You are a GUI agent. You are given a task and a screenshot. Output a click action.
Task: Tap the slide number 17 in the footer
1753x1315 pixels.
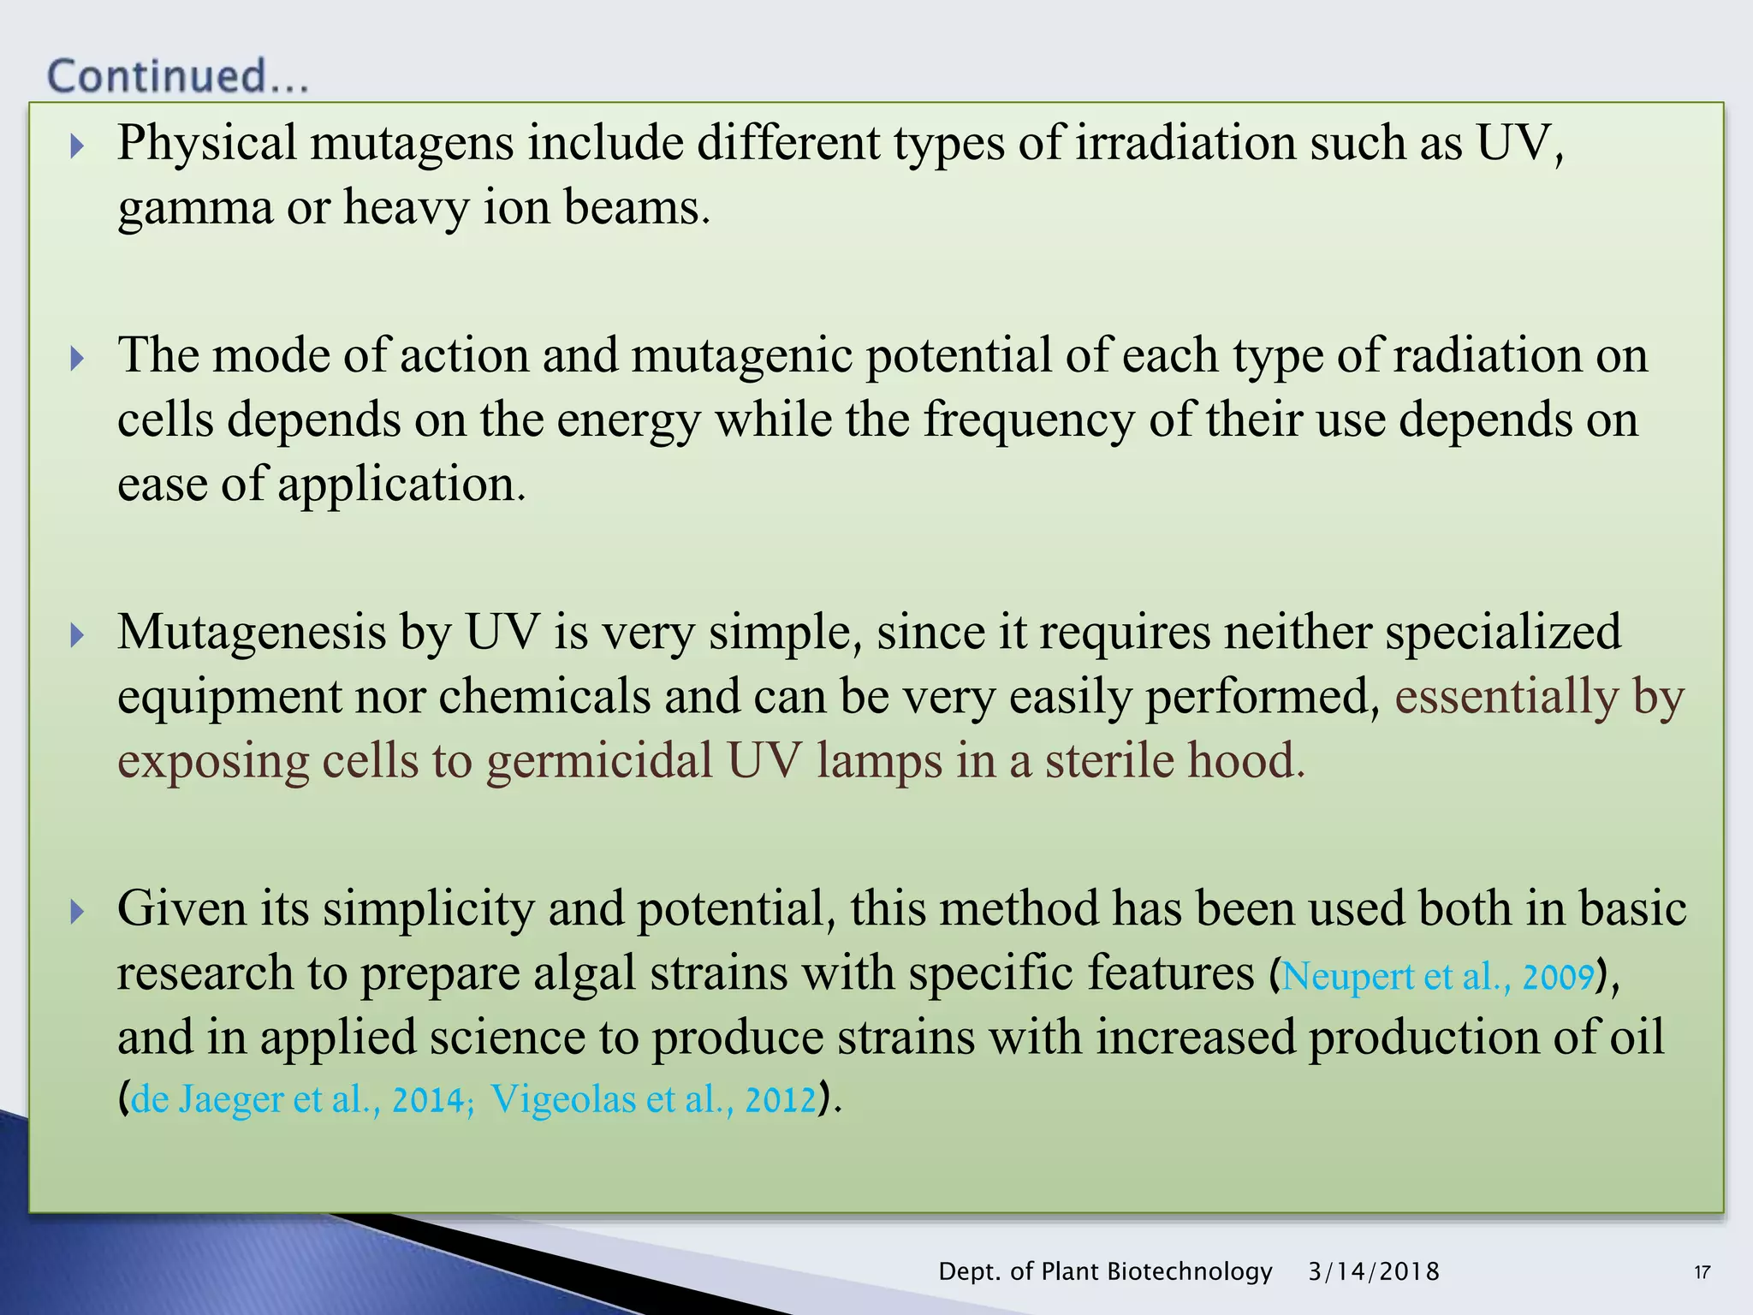coord(1702,1272)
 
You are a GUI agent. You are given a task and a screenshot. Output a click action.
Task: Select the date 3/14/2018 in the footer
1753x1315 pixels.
coord(1373,1271)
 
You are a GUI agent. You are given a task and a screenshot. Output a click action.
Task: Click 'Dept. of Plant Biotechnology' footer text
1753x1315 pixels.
coord(1105,1271)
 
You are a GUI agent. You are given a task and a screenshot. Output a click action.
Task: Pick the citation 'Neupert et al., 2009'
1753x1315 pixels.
coord(1438,977)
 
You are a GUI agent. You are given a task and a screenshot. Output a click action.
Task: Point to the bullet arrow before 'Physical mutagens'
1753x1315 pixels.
coord(77,146)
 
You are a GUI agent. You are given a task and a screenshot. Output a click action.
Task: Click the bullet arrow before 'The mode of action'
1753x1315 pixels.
coord(77,358)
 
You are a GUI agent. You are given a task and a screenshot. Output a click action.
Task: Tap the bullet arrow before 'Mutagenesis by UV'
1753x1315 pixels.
coord(77,635)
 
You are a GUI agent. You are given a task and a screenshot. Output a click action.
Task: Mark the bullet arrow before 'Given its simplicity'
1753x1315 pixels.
coord(77,911)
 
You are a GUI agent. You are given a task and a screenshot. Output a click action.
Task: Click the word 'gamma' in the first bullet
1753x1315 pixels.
coord(194,209)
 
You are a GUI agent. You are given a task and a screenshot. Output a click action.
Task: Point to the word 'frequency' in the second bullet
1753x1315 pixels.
coord(1028,420)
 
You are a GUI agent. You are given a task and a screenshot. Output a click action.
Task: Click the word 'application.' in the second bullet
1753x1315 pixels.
coord(401,485)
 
